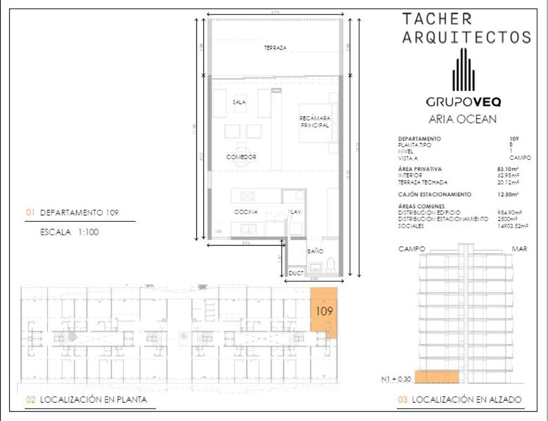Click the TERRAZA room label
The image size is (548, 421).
point(275,48)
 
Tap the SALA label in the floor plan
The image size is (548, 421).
point(239,102)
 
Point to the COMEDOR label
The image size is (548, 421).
point(241,157)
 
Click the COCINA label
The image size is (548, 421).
point(245,212)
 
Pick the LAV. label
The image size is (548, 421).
point(296,212)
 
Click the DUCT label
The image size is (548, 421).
point(296,274)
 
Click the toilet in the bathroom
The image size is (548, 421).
point(332,264)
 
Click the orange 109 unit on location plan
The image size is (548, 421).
point(324,311)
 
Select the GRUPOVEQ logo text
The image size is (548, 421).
point(463,101)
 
